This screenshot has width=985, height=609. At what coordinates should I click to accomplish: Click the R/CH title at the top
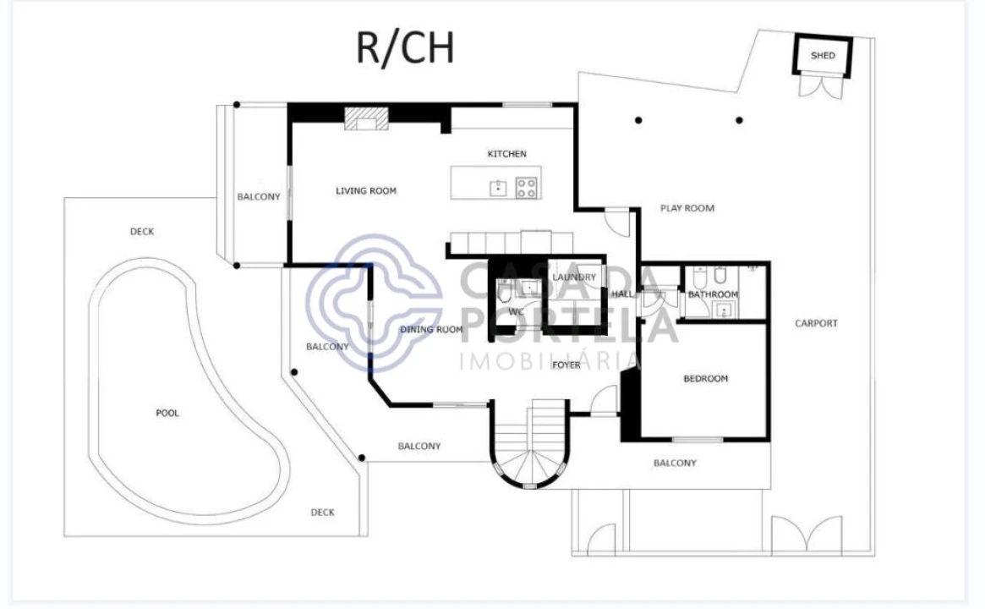click(405, 47)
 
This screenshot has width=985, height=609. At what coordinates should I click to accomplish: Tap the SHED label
click(823, 55)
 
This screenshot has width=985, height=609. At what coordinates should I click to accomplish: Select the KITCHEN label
click(507, 154)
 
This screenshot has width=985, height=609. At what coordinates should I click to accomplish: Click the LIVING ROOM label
click(365, 191)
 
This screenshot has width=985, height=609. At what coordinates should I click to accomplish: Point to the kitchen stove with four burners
click(527, 187)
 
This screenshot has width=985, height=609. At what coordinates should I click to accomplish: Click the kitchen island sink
click(498, 188)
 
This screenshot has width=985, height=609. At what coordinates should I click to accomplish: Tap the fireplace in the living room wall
click(366, 118)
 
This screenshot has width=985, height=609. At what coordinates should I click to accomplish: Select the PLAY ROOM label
click(687, 208)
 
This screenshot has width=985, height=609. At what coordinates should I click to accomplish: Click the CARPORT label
click(816, 324)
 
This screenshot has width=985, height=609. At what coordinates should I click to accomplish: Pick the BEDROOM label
click(705, 379)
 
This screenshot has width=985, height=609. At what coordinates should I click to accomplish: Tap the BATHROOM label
click(713, 294)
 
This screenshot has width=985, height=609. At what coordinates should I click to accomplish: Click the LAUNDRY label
click(574, 277)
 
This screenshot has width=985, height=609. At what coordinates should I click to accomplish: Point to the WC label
click(516, 312)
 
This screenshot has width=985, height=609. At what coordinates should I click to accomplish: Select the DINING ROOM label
click(431, 329)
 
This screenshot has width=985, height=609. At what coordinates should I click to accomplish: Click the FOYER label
click(566, 365)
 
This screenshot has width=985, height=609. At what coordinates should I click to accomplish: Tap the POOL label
click(167, 413)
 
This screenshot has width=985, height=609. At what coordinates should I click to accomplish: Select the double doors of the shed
click(820, 86)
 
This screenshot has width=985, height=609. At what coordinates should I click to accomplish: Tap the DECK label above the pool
click(142, 231)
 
